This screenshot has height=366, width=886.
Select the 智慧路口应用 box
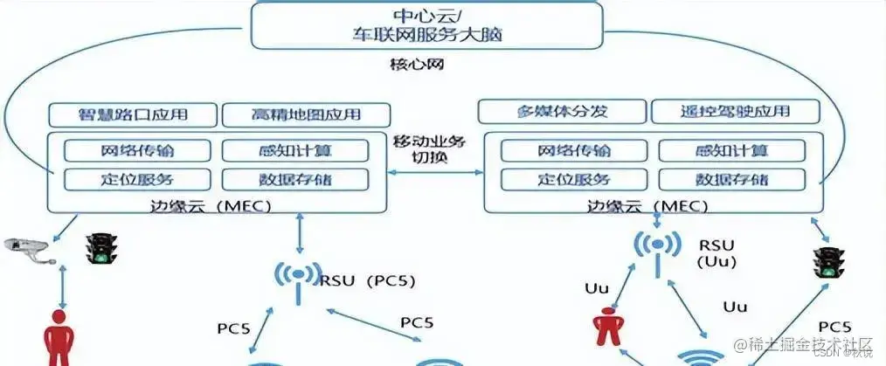pyautogui.click(x=131, y=114)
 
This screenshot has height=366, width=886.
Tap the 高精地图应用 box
pyautogui.click(x=304, y=114)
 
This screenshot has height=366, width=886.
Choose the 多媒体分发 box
pyautogui.click(x=561, y=112)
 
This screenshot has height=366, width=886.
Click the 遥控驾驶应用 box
pyautogui.click(x=735, y=112)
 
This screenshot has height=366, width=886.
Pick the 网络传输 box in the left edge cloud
pyautogui.click(x=137, y=150)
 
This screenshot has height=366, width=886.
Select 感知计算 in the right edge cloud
pyautogui.click(x=732, y=150)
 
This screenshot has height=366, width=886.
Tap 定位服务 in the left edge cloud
pyautogui.click(x=137, y=179)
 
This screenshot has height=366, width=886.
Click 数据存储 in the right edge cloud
pyautogui.click(x=732, y=179)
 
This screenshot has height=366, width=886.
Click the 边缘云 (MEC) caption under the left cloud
pyautogui.click(x=217, y=206)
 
